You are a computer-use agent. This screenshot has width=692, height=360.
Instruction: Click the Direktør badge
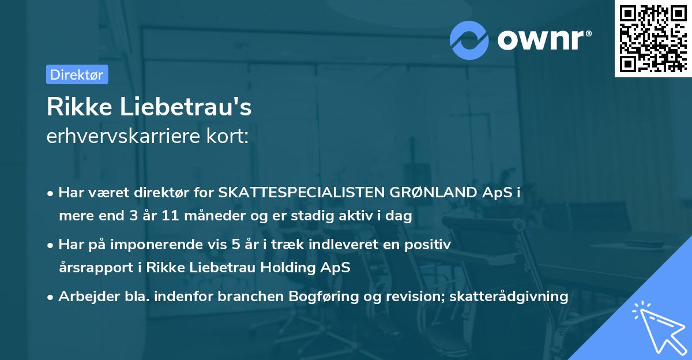pyautogui.click(x=77, y=74)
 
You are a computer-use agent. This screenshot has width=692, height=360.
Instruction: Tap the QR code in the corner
pyautogui.click(x=653, y=38)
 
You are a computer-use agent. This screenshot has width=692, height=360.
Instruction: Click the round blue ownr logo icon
pyautogui.click(x=470, y=40)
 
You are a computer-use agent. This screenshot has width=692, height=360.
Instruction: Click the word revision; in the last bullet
pyautogui.click(x=411, y=297)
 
